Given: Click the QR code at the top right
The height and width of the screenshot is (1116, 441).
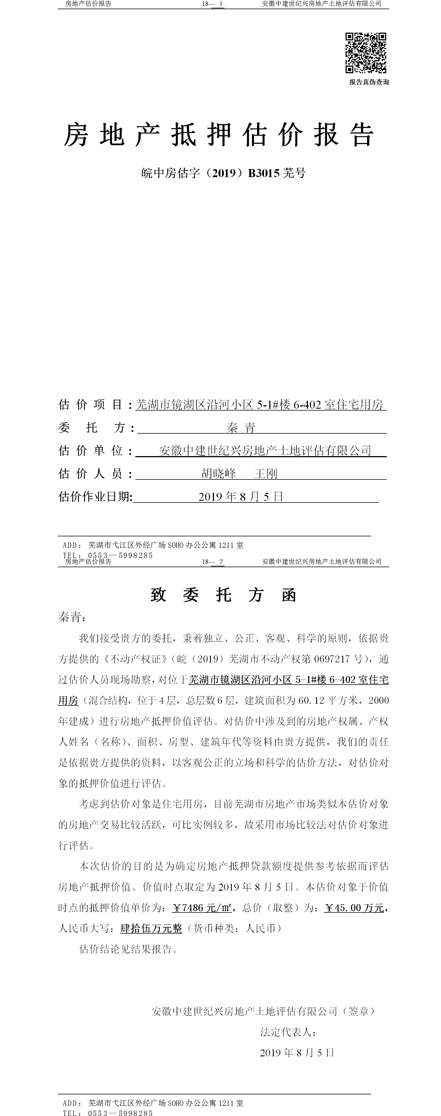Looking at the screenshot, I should pyautogui.click(x=365, y=53).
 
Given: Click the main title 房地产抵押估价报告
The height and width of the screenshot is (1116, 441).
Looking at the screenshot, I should pyautogui.click(x=219, y=135).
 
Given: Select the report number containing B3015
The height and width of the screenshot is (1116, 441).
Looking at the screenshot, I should pyautogui.click(x=223, y=173).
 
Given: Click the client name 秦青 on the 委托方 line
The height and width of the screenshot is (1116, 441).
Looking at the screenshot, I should pyautogui.click(x=241, y=428).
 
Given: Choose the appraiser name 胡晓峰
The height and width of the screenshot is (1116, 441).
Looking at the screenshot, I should pyautogui.click(x=218, y=474).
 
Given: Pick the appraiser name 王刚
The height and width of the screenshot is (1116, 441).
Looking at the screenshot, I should pyautogui.click(x=266, y=474).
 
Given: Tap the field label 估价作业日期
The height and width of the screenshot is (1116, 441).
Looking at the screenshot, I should pyautogui.click(x=95, y=496).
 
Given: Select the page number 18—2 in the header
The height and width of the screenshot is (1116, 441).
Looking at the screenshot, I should pyautogui.click(x=213, y=561).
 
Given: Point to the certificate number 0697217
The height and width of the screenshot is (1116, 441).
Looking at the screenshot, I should pyautogui.click(x=332, y=659).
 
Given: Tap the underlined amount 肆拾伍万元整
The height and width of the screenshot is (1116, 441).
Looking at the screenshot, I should pyautogui.click(x=151, y=928).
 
